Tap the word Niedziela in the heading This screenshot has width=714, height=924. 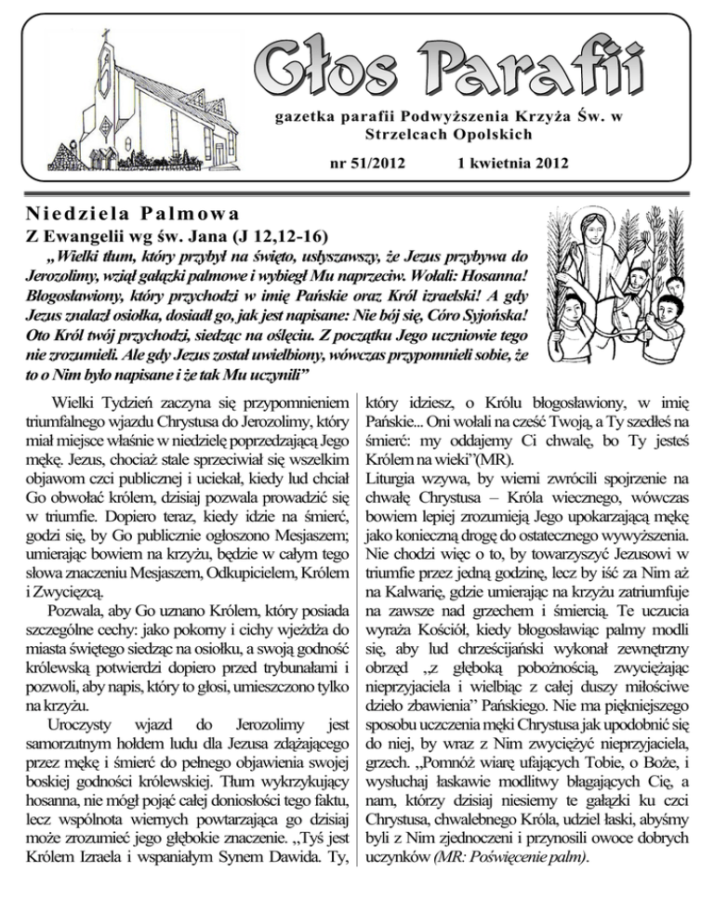[x=56, y=214]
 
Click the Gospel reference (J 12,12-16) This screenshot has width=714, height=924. [x=265, y=238]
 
